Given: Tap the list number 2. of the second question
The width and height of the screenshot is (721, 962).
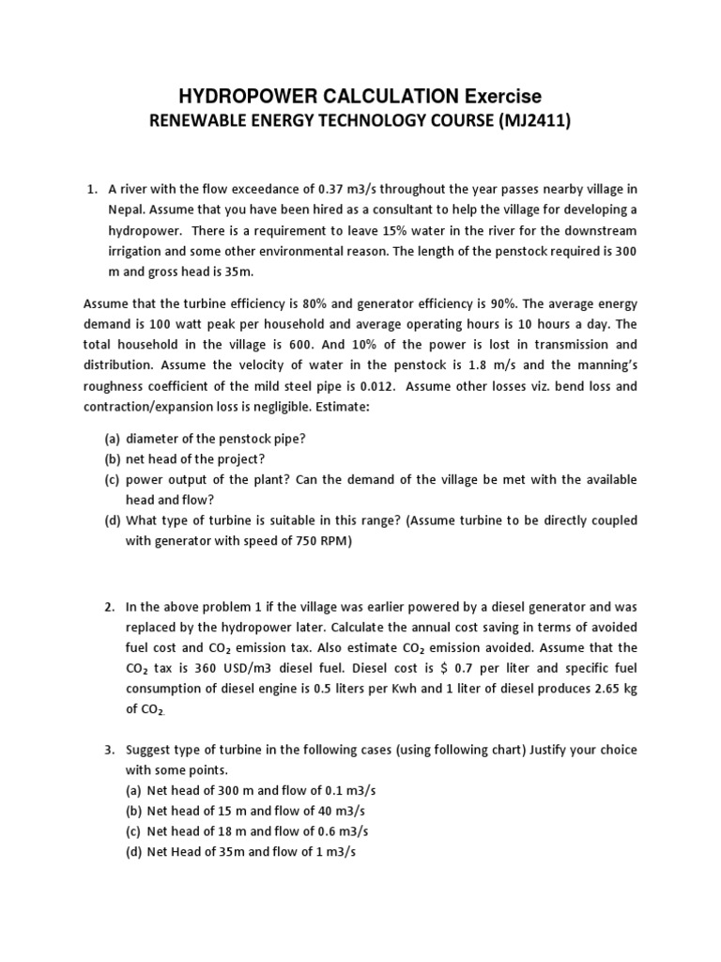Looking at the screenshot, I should (110, 607).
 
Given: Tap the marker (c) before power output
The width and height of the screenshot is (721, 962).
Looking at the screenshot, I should (112, 480).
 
